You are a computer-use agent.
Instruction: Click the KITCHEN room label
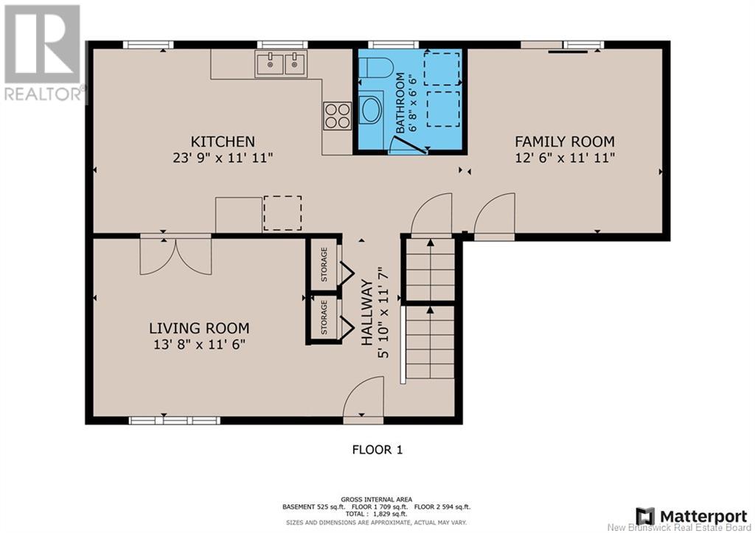click(x=223, y=142)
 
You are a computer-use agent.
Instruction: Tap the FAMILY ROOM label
click(x=565, y=142)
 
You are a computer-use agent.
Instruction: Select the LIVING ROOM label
click(x=199, y=328)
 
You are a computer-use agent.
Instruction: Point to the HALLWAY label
click(x=367, y=313)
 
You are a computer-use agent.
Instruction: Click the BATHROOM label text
click(x=400, y=102)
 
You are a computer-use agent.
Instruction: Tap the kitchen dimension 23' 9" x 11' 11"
click(x=223, y=158)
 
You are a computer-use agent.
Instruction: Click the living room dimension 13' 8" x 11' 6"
click(x=199, y=344)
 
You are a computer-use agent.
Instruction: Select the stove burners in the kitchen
click(x=337, y=116)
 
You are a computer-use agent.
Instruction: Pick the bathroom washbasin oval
click(x=370, y=110)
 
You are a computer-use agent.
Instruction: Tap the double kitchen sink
click(x=281, y=64)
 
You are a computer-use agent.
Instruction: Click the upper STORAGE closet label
click(x=324, y=265)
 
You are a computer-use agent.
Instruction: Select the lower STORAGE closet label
click(x=324, y=317)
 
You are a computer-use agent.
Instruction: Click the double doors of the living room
click(x=175, y=255)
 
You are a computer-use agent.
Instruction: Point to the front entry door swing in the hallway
click(x=363, y=397)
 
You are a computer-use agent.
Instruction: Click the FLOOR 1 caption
click(x=377, y=450)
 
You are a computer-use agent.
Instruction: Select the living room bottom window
click(x=174, y=420)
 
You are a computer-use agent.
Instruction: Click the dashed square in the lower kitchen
click(x=282, y=213)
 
